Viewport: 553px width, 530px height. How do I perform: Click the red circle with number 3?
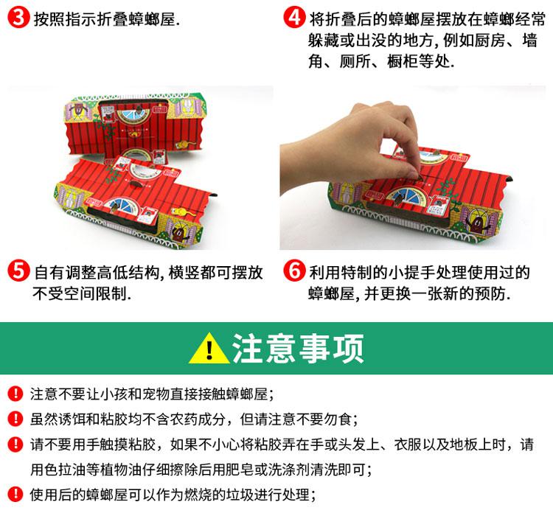[18, 17]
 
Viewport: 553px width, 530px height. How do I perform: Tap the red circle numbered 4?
[294, 17]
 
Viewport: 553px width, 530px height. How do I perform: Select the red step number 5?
[18, 271]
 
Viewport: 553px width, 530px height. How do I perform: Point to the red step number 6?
[294, 271]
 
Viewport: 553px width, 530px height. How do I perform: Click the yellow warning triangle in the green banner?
[209, 349]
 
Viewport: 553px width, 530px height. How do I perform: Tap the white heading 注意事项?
[298, 349]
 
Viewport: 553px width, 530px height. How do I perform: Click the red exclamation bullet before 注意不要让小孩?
[15, 394]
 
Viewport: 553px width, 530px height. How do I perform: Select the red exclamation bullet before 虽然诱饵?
[15, 419]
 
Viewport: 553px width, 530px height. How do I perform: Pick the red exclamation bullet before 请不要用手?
[15, 444]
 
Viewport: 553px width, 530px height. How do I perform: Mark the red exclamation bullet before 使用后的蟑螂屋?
[15, 494]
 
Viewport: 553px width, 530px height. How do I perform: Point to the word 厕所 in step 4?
[355, 61]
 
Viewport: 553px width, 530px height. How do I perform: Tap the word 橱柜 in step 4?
[403, 61]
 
